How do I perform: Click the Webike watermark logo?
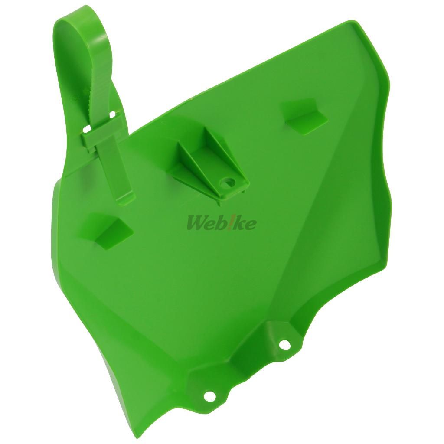221,223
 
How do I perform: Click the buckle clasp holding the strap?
102,127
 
